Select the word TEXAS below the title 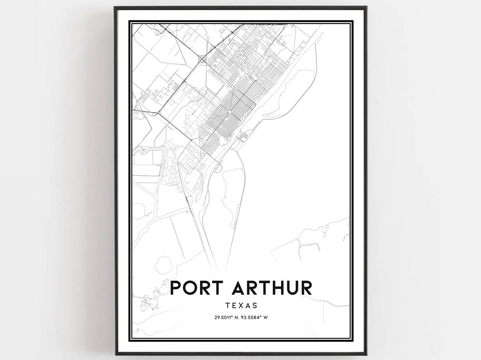pyautogui.click(x=241, y=306)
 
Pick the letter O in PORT pyautogui.click(x=190, y=287)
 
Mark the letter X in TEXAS pyautogui.click(x=241, y=306)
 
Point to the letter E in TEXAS pyautogui.click(x=233, y=306)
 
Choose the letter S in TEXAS pyautogui.click(x=255, y=306)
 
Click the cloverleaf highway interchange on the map pyautogui.click(x=202, y=58)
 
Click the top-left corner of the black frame pyautogui.click(x=115, y=7)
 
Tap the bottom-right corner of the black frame pyautogui.click(x=367, y=354)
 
